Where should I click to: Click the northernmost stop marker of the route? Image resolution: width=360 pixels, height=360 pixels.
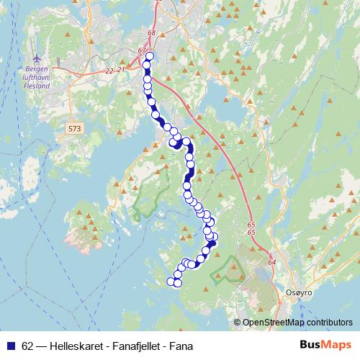coord(150,57)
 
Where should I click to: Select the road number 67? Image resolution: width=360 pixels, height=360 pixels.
coord(142,50)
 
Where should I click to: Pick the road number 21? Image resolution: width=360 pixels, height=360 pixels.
coord(122,69)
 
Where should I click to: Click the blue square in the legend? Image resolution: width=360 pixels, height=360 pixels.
coord(10,345)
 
